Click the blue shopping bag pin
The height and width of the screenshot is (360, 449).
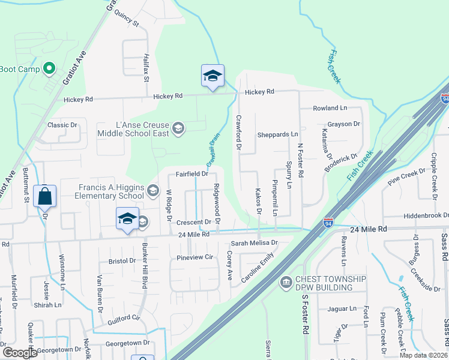[45, 196]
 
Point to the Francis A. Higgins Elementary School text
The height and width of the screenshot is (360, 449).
[111, 191]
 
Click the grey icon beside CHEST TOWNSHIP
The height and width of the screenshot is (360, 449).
[286, 280]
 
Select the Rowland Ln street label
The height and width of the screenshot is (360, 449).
[330, 108]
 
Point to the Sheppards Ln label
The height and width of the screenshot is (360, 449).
[277, 134]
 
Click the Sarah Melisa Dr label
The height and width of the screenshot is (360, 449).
[255, 243]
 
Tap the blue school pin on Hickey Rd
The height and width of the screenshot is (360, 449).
[212, 76]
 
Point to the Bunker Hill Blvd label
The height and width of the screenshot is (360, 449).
[145, 265]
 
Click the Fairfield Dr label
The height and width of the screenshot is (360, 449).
[191, 174]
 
